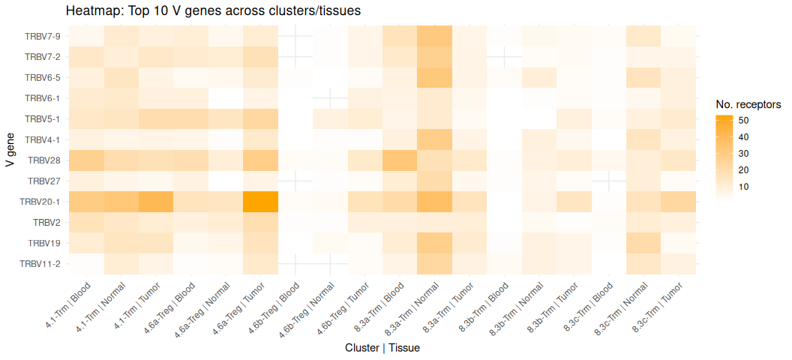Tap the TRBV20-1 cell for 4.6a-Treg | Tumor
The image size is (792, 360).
point(261,202)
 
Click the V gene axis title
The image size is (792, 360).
point(10,150)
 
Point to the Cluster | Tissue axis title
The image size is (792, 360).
point(382,348)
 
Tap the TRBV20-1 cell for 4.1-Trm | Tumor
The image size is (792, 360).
point(156,202)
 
